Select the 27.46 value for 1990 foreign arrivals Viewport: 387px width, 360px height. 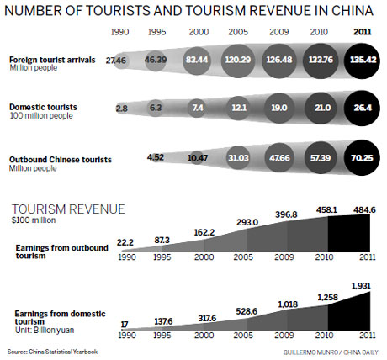(x=116, y=61)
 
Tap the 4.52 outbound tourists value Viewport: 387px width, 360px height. (x=156, y=156)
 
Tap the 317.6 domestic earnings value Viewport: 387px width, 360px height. (x=200, y=318)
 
